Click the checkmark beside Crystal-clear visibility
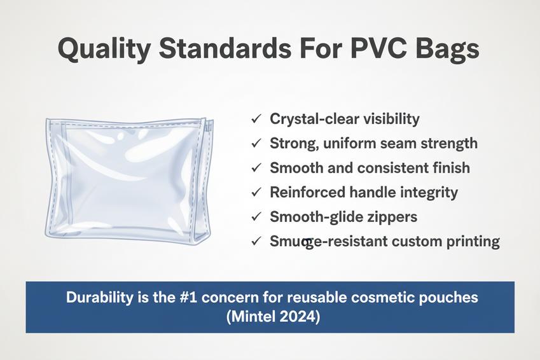(x=256, y=119)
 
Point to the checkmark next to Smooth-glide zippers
(x=256, y=217)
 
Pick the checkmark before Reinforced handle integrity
(x=256, y=192)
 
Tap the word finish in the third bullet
(x=448, y=168)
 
